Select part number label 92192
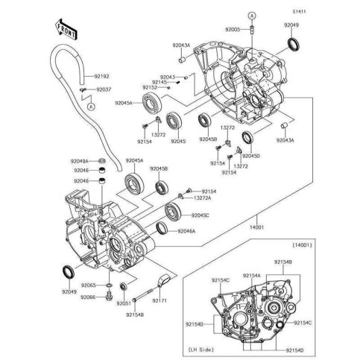[101, 77]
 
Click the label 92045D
[251, 157]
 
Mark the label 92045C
[200, 215]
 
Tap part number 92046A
[186, 232]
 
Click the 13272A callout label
[203, 198]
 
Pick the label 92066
[89, 296]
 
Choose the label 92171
[160, 302]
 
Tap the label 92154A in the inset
[250, 275]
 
